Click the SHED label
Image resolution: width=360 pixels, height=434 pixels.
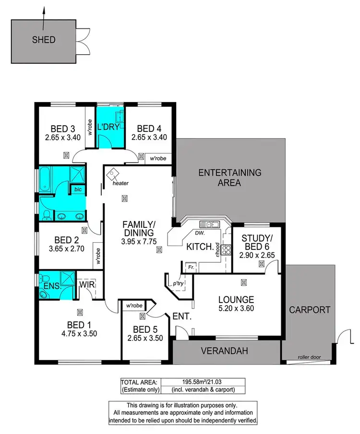(44, 40)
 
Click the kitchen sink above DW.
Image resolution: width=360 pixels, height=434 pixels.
(210, 224)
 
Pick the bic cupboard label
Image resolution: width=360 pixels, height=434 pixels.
(77, 189)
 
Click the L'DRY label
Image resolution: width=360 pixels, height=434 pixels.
(108, 128)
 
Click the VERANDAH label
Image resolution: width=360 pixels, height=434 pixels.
(225, 351)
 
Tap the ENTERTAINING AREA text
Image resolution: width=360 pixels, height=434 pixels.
(230, 177)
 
